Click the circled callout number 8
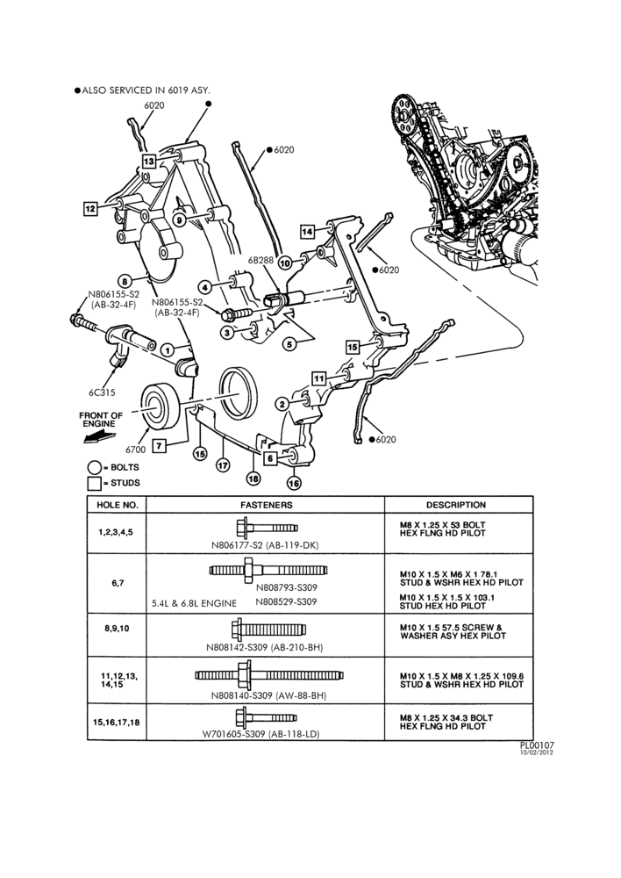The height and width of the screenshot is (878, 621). click(125, 281)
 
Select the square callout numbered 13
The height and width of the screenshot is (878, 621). click(148, 162)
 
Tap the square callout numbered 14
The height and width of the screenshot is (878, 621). click(307, 231)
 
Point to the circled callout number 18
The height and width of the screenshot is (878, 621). click(253, 479)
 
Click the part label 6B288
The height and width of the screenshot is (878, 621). click(261, 260)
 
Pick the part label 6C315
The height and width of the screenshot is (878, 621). click(102, 392)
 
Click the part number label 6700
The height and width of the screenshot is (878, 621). click(135, 449)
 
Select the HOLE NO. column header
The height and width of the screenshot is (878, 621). click(117, 505)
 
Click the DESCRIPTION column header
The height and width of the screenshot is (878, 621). click(456, 505)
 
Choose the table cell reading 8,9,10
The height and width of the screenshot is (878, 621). click(117, 629)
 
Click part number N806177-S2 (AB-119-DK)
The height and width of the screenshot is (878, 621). click(265, 545)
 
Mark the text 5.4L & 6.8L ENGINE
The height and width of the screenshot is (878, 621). click(194, 604)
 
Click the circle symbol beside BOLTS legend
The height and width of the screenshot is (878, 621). click(95, 468)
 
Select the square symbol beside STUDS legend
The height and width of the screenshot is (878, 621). click(94, 483)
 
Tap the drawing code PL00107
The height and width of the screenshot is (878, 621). click(537, 745)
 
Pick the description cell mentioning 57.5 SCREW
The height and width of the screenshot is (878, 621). click(453, 631)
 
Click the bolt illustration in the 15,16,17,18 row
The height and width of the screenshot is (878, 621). click(267, 717)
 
